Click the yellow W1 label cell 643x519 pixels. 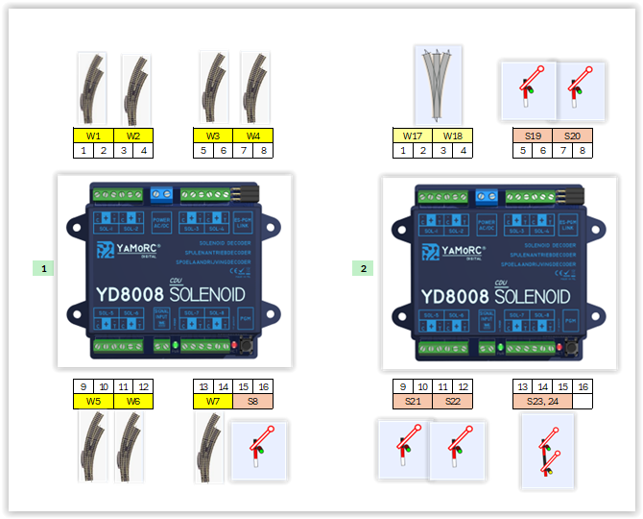[x=93, y=136]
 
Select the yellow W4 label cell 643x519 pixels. [x=252, y=136]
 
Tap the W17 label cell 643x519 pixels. [x=412, y=136]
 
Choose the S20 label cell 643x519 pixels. [x=572, y=136]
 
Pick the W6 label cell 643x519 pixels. [x=133, y=401]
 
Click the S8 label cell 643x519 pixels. [x=252, y=401]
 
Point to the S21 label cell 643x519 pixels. [x=412, y=401]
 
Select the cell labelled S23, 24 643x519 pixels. [x=542, y=401]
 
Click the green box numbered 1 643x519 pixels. [x=42, y=268]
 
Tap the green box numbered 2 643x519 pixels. [x=363, y=268]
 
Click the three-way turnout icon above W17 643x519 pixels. [x=438, y=86]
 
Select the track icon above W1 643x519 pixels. [x=92, y=88]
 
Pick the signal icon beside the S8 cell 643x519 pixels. [x=259, y=448]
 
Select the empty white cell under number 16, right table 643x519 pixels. [x=583, y=401]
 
